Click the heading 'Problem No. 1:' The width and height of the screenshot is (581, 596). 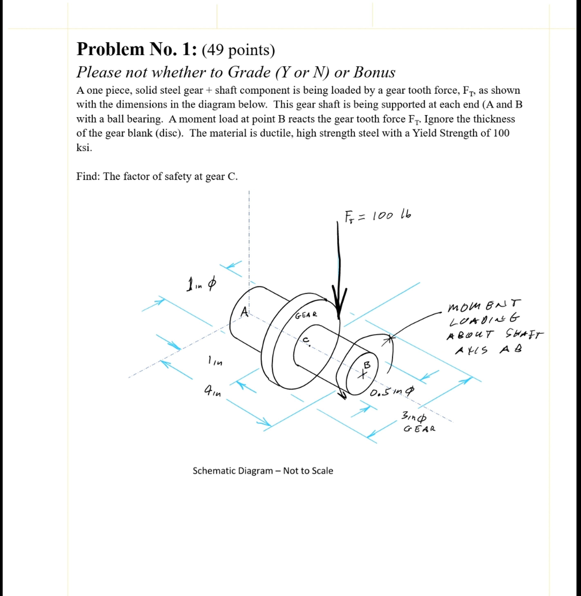(136, 49)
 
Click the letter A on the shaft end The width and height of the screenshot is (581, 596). (244, 312)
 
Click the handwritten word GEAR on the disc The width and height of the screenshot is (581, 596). (306, 315)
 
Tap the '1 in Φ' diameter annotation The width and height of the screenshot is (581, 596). (201, 284)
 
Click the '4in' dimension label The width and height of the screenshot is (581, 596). (213, 390)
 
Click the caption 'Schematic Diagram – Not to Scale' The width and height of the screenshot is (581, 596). (263, 471)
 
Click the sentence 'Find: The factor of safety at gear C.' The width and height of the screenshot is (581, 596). (157, 176)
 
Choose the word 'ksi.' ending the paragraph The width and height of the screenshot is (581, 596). (84, 148)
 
